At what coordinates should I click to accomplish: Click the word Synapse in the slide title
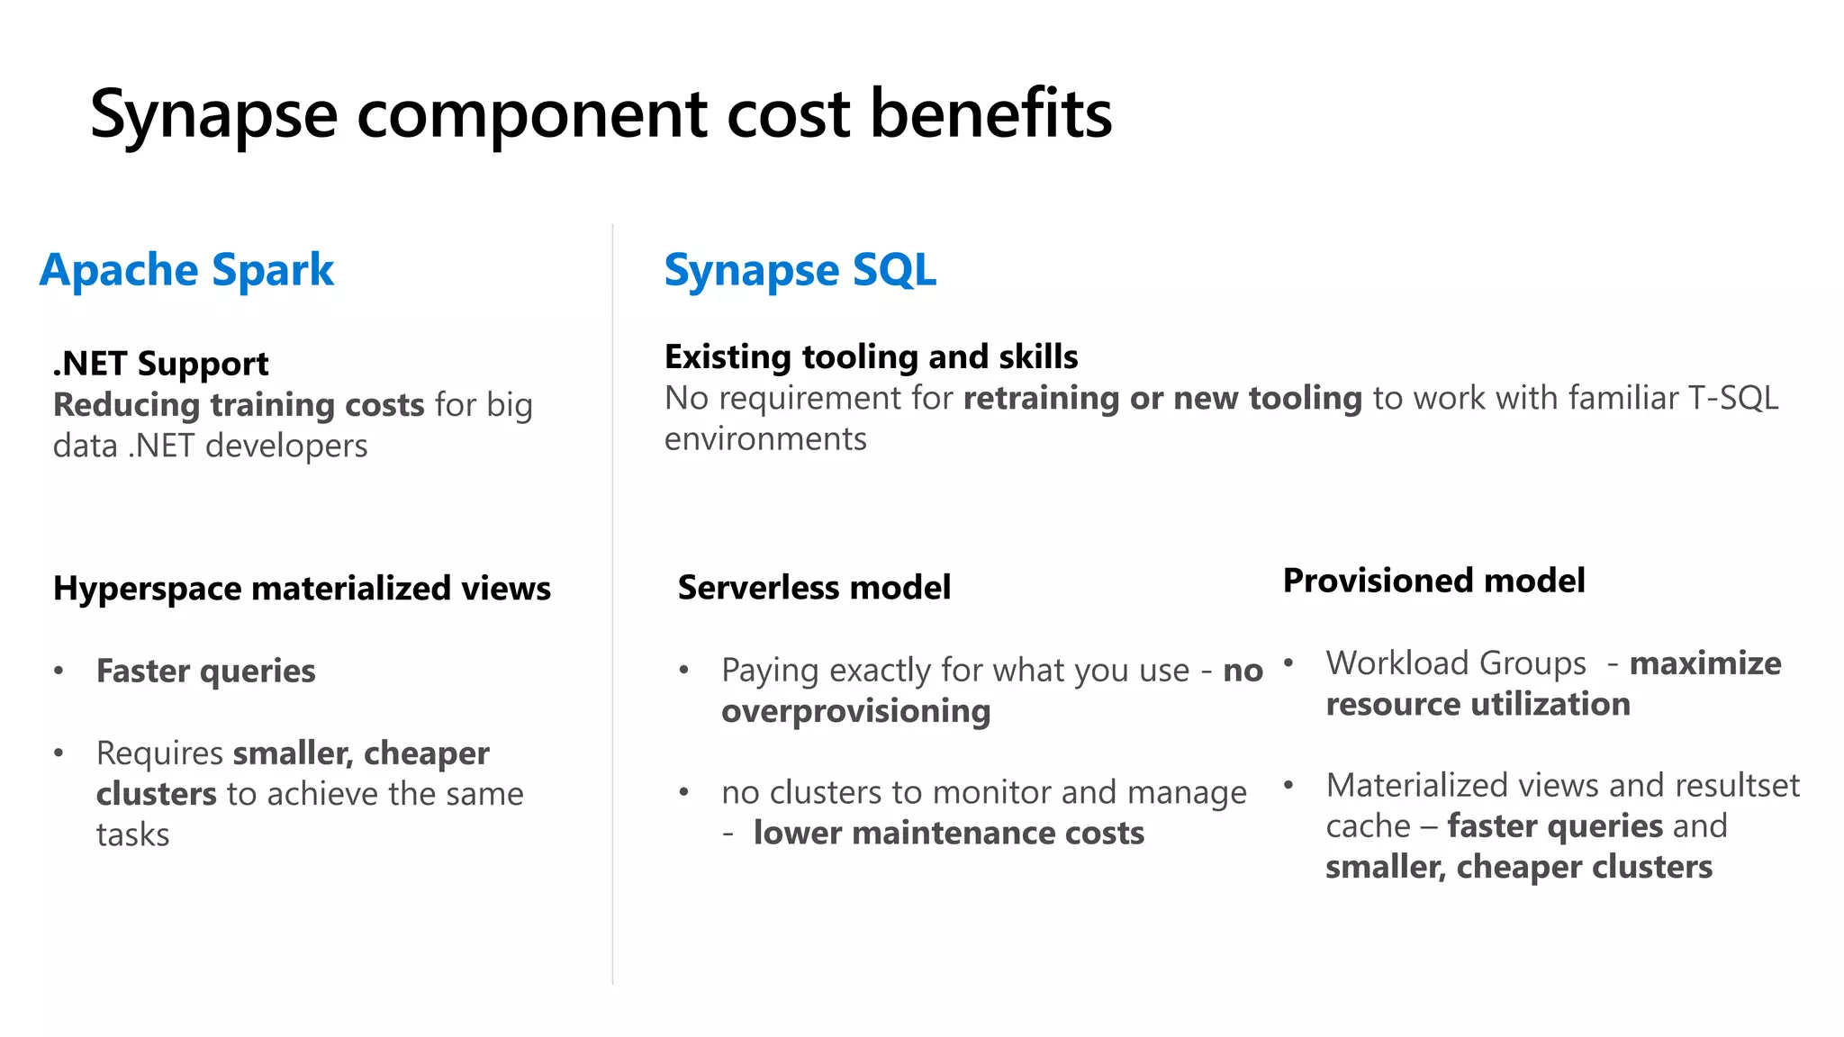pyautogui.click(x=213, y=115)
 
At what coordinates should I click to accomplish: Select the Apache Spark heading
pyautogui.click(x=186, y=270)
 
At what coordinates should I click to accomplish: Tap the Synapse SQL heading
pyautogui.click(x=800, y=270)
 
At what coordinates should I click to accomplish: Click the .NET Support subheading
pyautogui.click(x=160, y=364)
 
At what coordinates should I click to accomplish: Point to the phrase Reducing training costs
pyautogui.click(x=239, y=405)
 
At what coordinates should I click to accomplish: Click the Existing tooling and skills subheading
pyautogui.click(x=871, y=356)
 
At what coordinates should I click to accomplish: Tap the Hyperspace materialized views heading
pyautogui.click(x=302, y=589)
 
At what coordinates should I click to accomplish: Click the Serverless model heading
pyautogui.click(x=814, y=587)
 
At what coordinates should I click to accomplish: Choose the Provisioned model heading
pyautogui.click(x=1433, y=581)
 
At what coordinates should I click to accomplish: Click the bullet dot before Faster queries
pyautogui.click(x=59, y=671)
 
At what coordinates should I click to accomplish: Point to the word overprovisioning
pyautogui.click(x=855, y=711)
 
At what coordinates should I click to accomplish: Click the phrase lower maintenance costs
pyautogui.click(x=949, y=833)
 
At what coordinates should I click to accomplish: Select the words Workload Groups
pyautogui.click(x=1455, y=663)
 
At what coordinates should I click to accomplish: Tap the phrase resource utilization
pyautogui.click(x=1478, y=704)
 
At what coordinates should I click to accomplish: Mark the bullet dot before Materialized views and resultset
pyautogui.click(x=1288, y=785)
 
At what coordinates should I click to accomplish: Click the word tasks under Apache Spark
pyautogui.click(x=132, y=835)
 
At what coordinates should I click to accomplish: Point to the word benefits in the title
pyautogui.click(x=990, y=115)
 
